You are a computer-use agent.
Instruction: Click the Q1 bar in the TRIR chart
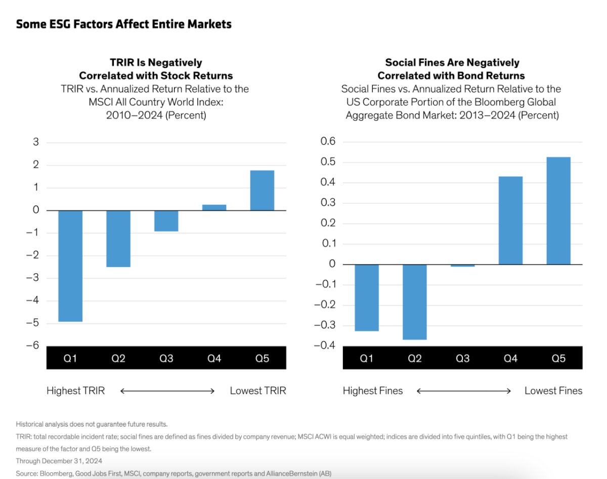point(70,266)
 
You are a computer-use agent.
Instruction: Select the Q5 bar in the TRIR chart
point(262,190)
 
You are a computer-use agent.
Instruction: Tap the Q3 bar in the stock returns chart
point(166,221)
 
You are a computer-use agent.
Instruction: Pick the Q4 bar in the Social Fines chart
point(510,220)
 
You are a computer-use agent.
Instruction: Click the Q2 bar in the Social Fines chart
point(415,301)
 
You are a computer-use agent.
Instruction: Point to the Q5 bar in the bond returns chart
point(558,210)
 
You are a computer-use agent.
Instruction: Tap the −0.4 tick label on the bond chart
point(325,345)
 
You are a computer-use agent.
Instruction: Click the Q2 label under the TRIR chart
point(118,359)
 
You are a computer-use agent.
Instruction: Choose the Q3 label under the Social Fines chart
point(462,359)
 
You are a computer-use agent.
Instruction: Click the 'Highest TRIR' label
point(75,390)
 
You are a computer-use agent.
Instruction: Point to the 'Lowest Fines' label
point(553,390)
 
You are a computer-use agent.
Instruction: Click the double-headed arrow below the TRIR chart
point(167,390)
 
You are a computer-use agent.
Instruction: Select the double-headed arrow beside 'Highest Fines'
point(464,390)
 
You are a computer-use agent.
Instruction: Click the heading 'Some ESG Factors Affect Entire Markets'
point(124,24)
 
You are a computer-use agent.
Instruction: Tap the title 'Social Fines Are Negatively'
point(452,63)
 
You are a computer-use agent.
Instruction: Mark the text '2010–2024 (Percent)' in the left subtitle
point(156,115)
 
